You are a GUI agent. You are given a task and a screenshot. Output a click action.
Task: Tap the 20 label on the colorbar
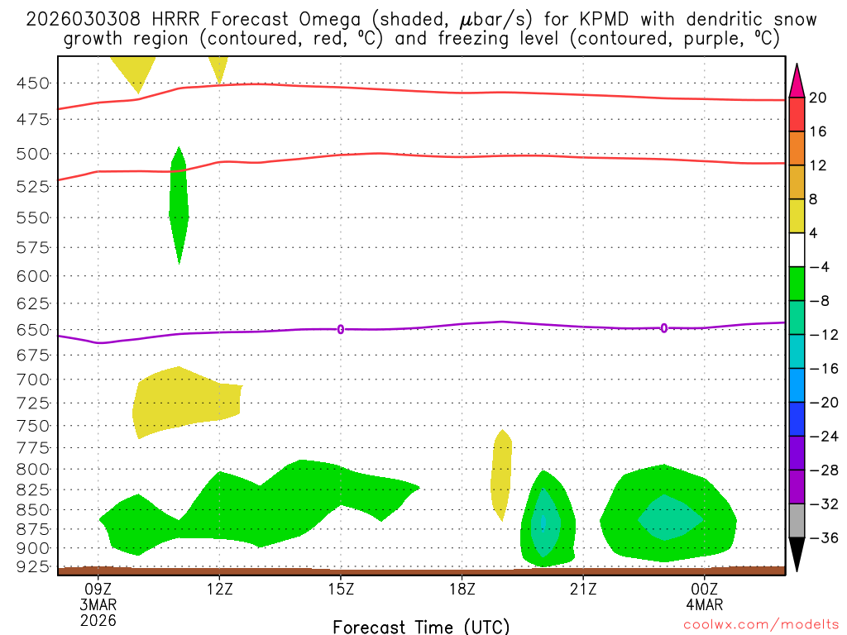[818, 98]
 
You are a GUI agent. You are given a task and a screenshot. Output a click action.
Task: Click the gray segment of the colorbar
[797, 521]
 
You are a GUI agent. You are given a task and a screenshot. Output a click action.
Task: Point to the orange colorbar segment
[797, 148]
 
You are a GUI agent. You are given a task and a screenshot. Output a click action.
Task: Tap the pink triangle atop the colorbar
[797, 80]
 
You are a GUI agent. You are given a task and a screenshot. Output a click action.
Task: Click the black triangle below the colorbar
[797, 554]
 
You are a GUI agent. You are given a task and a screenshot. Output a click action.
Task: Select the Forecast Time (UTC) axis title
[421, 626]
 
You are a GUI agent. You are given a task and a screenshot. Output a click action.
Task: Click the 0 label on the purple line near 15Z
[341, 329]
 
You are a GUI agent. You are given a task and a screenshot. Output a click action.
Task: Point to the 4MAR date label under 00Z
[705, 604]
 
